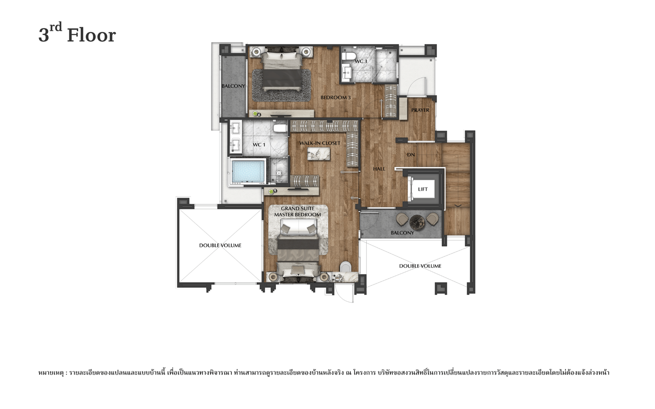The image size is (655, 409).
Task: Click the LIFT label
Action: coord(422,189)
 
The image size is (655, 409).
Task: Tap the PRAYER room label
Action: coord(420,110)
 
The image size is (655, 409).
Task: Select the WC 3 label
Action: coord(361,61)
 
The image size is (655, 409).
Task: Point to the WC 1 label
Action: coord(259,145)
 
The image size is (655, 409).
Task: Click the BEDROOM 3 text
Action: coord(335,98)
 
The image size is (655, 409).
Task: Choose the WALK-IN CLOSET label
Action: coord(320,143)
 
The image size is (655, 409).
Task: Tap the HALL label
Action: coord(379,169)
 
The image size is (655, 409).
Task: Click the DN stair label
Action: coord(411,155)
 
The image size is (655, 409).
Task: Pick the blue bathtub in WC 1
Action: coord(248,171)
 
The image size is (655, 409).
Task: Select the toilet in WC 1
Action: coord(280,128)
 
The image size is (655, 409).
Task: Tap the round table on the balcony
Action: coord(417,222)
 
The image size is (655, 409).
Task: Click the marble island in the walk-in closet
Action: coord(318,154)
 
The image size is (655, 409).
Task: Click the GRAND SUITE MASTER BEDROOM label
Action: coord(297,211)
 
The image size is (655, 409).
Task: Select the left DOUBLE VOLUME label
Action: coord(220,245)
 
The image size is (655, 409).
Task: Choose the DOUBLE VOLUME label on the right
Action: coord(420,266)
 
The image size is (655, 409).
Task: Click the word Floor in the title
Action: coord(92,36)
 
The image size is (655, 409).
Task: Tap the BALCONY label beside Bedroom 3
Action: coord(233,86)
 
